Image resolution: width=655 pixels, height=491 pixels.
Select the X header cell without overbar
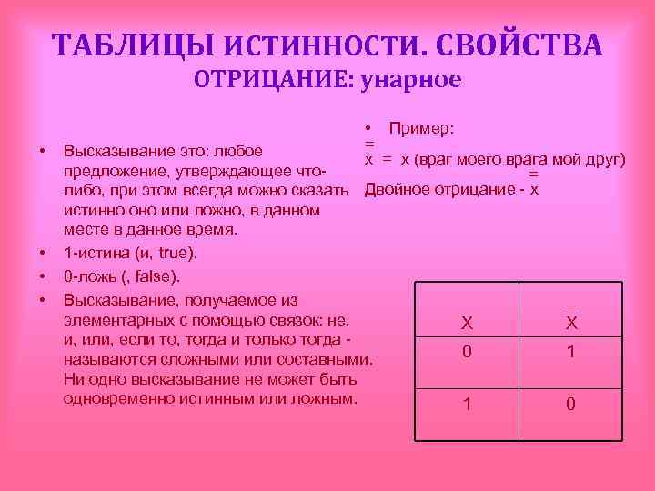[x=467, y=323]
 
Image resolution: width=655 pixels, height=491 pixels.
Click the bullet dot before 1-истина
[x=42, y=251]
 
